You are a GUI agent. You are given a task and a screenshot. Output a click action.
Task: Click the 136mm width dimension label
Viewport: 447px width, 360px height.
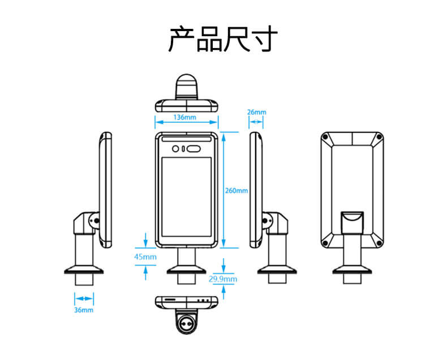(x=185, y=118)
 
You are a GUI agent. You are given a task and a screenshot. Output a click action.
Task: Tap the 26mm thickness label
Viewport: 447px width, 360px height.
(x=256, y=112)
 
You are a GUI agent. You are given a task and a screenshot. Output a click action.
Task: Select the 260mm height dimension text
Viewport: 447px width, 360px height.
(x=237, y=191)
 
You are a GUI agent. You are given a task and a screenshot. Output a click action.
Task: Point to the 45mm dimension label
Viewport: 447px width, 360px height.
(x=145, y=257)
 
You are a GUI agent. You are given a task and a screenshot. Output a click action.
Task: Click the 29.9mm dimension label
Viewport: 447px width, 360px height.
(x=223, y=279)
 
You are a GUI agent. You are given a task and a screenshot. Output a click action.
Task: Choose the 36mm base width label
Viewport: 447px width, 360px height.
(x=84, y=310)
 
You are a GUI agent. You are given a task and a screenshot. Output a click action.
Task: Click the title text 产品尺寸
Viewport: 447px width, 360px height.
(x=223, y=40)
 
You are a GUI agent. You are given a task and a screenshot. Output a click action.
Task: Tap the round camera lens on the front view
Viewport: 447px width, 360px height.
(x=176, y=149)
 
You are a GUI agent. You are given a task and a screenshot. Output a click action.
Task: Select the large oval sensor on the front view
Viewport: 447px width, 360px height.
(x=193, y=149)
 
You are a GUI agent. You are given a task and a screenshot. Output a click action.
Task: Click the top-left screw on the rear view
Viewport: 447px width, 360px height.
(x=325, y=137)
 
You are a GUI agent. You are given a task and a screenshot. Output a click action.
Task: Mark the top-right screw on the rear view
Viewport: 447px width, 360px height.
(x=380, y=137)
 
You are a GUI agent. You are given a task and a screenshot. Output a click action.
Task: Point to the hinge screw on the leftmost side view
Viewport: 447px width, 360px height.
(x=96, y=220)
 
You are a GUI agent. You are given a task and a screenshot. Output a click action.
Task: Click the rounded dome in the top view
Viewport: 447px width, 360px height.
(x=186, y=85)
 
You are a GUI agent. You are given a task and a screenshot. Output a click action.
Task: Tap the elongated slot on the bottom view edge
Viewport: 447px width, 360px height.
(x=170, y=299)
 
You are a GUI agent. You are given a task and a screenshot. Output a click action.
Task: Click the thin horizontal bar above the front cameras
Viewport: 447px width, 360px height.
(x=186, y=139)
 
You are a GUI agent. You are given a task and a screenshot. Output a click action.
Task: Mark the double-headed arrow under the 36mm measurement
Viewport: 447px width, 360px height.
(x=84, y=298)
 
